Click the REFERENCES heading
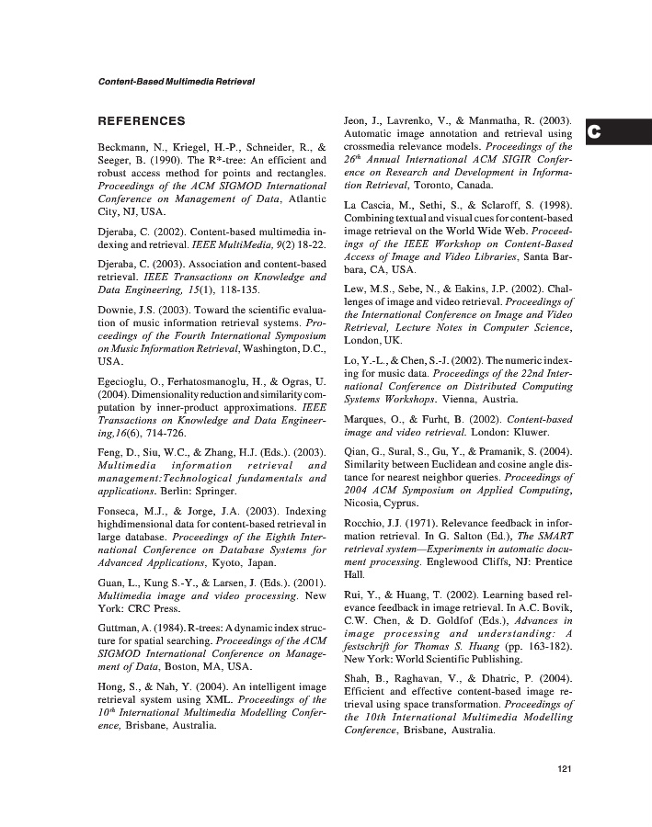tap(142, 121)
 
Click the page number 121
tap(565, 769)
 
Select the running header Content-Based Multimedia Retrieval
tap(176, 82)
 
